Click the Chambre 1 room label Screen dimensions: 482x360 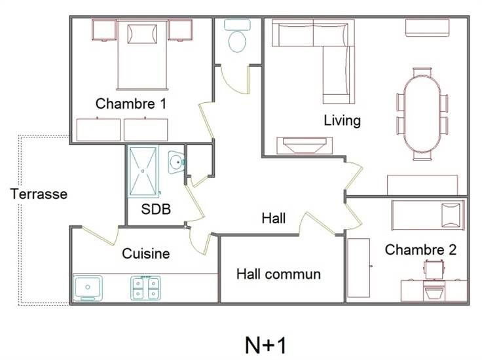(131, 104)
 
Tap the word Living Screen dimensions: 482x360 (342, 120)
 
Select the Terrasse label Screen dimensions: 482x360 (39, 194)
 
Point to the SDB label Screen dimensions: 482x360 (156, 209)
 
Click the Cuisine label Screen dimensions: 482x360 (145, 254)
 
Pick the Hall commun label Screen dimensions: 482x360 (278, 274)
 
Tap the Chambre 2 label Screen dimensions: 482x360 (420, 250)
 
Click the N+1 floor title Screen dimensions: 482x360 (266, 345)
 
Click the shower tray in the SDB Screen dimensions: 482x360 (143, 171)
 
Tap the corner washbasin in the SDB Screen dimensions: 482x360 (176, 162)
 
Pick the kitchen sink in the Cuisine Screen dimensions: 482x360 (88, 288)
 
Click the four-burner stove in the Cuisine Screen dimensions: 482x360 (145, 288)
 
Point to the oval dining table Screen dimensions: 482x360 (422, 115)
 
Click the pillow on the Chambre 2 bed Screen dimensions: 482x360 (451, 215)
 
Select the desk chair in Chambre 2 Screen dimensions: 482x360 (434, 269)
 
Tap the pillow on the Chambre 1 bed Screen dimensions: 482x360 (142, 34)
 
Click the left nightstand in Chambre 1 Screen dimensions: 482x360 (105, 30)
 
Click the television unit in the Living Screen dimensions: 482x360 (305, 145)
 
